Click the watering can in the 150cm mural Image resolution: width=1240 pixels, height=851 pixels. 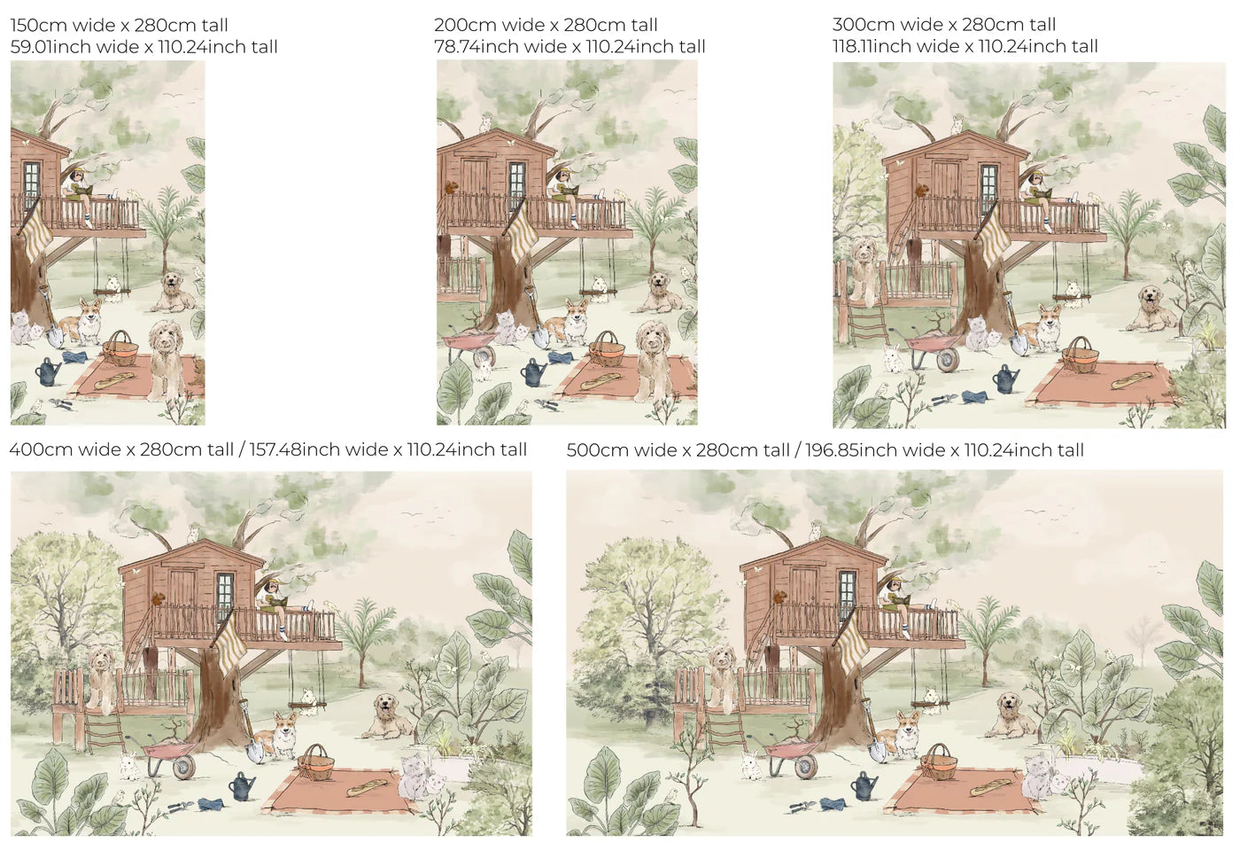point(49,371)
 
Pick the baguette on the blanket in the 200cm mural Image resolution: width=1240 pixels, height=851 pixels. point(601,379)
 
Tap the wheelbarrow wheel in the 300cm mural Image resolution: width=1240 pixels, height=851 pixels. point(947,360)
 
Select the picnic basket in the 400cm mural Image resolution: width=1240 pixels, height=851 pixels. point(315,762)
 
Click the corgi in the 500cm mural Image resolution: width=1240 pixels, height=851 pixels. point(902,734)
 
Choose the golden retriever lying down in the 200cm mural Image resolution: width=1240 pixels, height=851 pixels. point(661,293)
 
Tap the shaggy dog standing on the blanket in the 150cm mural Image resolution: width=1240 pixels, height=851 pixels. point(167,359)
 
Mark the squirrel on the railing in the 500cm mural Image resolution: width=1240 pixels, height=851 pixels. point(780,597)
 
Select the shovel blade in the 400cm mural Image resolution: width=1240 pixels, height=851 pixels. point(255,751)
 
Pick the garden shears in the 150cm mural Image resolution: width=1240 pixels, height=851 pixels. point(61,403)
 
